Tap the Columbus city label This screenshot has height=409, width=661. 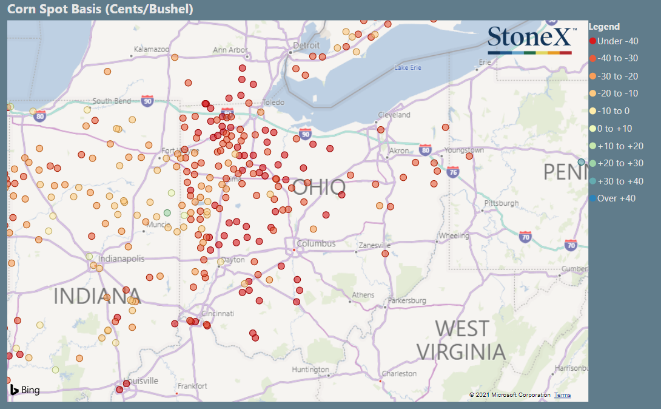click(x=315, y=244)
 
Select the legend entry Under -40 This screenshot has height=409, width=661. click(x=617, y=41)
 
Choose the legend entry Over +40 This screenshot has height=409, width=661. click(x=616, y=198)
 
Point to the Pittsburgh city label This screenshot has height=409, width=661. click(x=502, y=203)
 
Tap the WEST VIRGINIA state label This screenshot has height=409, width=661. click(x=461, y=340)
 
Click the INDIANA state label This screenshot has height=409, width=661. click(x=97, y=296)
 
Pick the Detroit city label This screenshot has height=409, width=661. click(x=306, y=46)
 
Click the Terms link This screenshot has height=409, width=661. click(x=562, y=395)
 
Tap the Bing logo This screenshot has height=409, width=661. click(x=25, y=390)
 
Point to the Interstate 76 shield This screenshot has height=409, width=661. click(x=453, y=172)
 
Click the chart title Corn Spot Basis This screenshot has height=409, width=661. click(x=100, y=9)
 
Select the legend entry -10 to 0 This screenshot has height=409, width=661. click(x=613, y=111)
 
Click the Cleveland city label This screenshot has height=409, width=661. click(x=394, y=115)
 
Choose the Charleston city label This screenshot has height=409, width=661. click(x=398, y=374)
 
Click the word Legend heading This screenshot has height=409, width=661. click(x=604, y=27)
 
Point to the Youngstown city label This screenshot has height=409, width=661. click(x=464, y=150)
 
